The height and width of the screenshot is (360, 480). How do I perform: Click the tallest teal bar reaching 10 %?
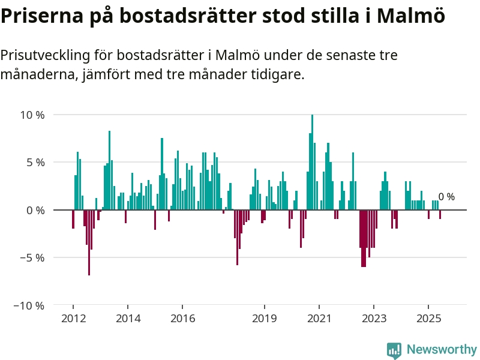tap(312, 162)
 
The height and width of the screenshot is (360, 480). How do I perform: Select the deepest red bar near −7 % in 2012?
tap(89, 242)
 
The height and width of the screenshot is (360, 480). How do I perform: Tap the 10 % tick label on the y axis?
tap(32, 115)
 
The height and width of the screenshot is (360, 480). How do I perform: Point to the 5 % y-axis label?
tap(35, 162)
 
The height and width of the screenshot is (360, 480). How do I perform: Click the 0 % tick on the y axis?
tap(35, 210)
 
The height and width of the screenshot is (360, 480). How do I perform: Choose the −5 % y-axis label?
tap(32, 257)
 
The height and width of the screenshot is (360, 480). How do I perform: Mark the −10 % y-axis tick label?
tap(29, 305)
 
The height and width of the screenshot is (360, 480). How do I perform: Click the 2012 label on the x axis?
tap(73, 318)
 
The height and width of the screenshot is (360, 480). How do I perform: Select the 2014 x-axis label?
tap(128, 318)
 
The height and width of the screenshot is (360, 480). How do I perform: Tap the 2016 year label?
tap(183, 318)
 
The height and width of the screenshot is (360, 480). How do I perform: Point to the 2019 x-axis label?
tap(265, 318)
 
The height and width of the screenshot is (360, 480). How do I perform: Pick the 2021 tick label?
tap(319, 318)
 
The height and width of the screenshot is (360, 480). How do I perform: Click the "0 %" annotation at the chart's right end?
tap(446, 197)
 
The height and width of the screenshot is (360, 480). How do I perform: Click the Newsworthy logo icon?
tap(394, 350)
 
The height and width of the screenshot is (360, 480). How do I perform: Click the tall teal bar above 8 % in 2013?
tap(110, 170)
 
